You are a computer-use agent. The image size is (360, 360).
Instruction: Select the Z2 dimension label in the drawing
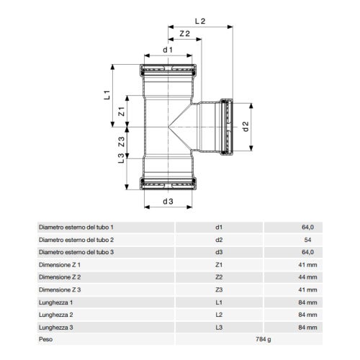184,34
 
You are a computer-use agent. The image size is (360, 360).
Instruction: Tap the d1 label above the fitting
168,50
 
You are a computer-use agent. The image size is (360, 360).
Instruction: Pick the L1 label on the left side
106,94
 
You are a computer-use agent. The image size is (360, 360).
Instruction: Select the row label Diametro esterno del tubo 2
76,240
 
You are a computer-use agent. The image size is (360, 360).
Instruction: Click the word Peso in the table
45,338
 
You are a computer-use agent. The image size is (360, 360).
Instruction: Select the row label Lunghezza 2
55,313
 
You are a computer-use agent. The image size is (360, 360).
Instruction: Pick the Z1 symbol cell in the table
219,264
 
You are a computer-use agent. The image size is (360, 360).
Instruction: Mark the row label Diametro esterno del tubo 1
76,228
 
